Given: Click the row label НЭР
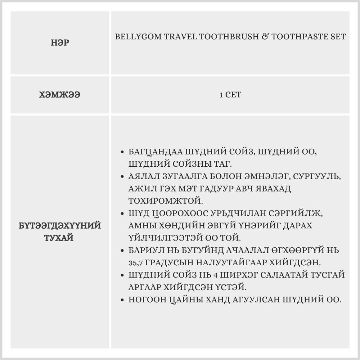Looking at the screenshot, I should click(x=60, y=43).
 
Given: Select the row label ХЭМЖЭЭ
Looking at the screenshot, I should click(x=60, y=95).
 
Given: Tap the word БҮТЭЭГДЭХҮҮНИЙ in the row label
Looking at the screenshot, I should click(x=60, y=226).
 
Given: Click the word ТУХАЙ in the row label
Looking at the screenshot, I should click(x=60, y=238).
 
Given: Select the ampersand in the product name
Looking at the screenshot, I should click(x=262, y=37).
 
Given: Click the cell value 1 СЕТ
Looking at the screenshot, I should click(x=230, y=95).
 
